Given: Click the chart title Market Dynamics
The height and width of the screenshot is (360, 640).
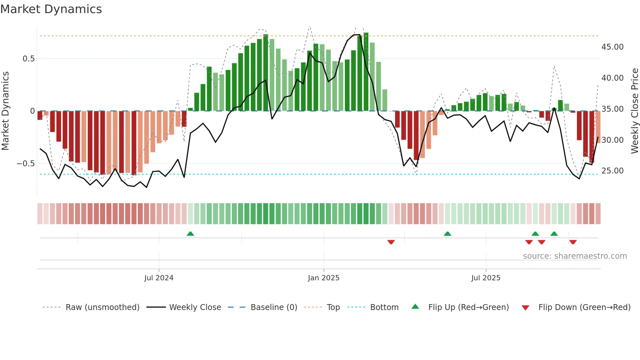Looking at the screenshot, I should coord(51,9).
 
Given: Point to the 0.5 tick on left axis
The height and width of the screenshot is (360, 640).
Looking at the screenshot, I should coord(29,59).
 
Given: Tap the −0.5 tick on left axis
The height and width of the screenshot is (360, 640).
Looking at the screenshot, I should coord(26,164).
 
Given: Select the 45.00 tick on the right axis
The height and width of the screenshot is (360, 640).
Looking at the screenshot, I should coord(612,47).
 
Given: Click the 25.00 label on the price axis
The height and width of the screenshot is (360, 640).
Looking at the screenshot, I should coord(612,171).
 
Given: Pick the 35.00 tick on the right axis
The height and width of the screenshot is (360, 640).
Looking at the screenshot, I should coord(612,109).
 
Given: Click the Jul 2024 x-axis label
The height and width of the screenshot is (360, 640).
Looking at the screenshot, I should coord(159,278).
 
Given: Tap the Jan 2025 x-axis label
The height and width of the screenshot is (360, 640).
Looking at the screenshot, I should coord(324,278).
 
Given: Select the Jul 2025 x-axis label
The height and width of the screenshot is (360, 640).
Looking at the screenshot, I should coord(486,278).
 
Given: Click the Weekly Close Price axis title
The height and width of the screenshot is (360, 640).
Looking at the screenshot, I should coord(634,111).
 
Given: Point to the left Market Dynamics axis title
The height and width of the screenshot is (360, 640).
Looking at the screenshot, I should coord(5,111).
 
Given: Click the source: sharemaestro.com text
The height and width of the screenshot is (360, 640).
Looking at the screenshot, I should coord(575,256).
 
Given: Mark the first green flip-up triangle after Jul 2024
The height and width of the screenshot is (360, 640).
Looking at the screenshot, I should coord(190,234).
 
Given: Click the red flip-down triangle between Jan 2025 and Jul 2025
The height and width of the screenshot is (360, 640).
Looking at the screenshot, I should coord(391,242).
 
